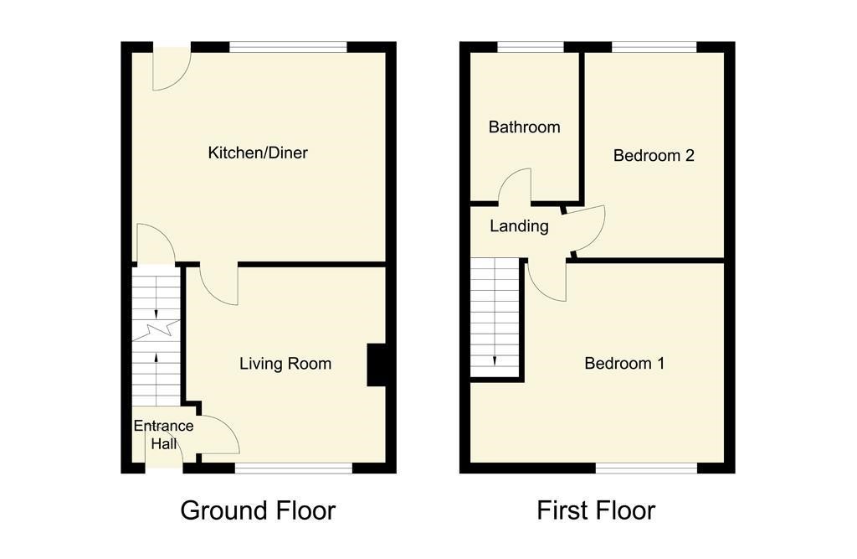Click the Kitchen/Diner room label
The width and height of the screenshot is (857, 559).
pos(258,153)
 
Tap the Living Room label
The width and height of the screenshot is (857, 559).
pos(285,364)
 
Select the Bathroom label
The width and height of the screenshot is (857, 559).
pos(524,127)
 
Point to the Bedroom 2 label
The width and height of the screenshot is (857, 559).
pos(654,156)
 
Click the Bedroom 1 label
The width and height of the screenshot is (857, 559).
pos(624,363)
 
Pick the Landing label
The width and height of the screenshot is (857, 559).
pos(519,226)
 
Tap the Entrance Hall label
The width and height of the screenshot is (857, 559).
pos(163,434)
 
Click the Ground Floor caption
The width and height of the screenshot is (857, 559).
pos(258,510)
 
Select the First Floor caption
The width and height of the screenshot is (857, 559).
pos(596,510)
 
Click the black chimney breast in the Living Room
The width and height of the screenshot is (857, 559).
pos(376,365)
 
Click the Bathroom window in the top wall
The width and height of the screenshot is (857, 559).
pos(530,48)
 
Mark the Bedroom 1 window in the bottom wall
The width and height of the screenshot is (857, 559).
pos(646,468)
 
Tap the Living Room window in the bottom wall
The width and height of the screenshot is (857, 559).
pos(294,468)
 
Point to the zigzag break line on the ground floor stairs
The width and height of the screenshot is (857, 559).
pos(156,331)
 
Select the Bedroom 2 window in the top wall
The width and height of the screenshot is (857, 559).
pos(654,48)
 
